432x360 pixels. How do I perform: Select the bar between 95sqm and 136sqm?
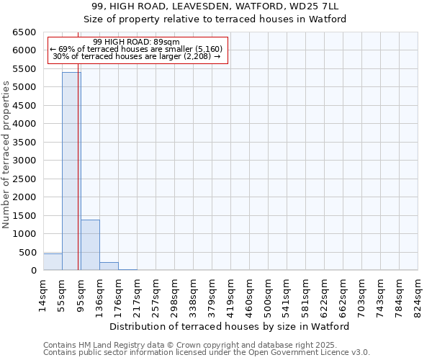[x=90, y=245]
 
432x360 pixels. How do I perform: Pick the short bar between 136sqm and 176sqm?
[x=109, y=266]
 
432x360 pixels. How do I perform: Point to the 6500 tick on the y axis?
[x=24, y=32]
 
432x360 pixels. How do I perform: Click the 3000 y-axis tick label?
[x=24, y=161]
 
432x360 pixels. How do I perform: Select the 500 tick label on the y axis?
[x=27, y=252]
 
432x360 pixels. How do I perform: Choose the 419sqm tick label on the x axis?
[x=231, y=294]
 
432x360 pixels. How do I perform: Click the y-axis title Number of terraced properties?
[x=7, y=155]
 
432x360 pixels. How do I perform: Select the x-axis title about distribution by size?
[x=230, y=326]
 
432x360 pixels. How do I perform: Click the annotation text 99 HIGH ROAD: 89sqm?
[x=137, y=42]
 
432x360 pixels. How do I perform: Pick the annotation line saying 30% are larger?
[x=137, y=56]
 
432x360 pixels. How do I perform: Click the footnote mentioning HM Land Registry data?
[x=206, y=345]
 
